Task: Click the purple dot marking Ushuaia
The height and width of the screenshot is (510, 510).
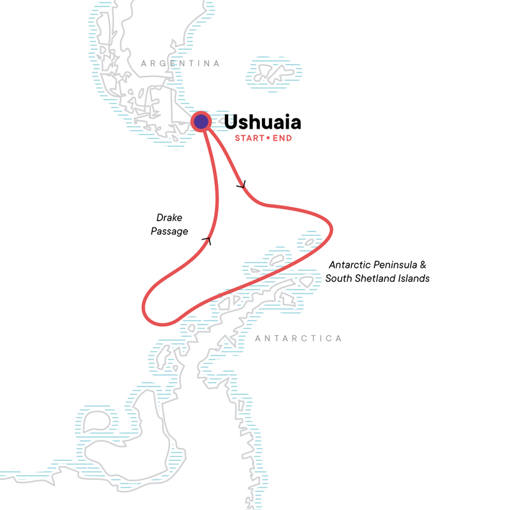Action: pos(201,122)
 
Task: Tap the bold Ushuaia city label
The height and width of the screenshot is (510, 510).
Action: pos(263,121)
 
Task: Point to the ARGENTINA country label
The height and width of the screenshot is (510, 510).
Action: pos(180,64)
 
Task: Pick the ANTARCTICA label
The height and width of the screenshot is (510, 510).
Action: pos(298,339)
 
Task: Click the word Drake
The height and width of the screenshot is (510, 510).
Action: pos(169,219)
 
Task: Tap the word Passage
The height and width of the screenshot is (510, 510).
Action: pos(169,231)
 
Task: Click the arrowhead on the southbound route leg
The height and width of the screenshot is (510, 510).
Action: pos(241,186)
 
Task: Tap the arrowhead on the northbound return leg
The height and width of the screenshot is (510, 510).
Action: pos(206,240)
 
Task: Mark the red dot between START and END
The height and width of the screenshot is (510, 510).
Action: pos(268,138)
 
